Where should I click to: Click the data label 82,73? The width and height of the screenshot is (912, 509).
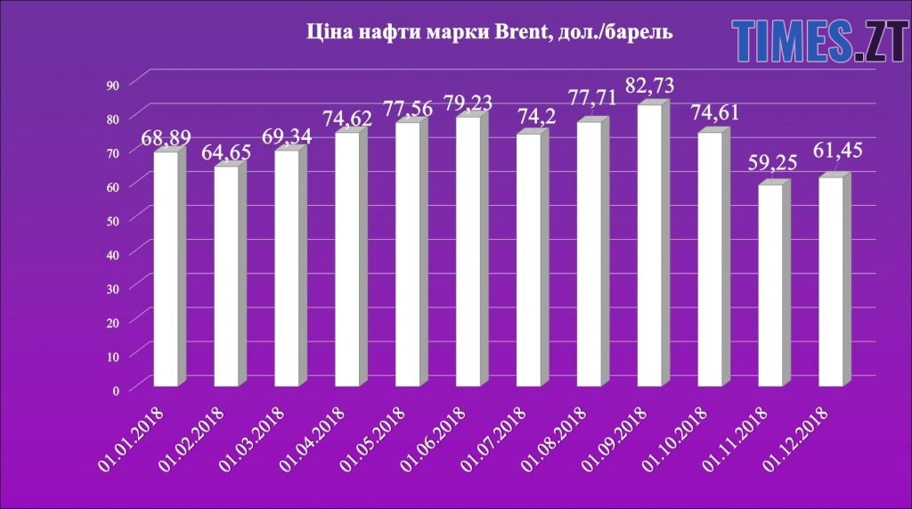pyautogui.click(x=650, y=87)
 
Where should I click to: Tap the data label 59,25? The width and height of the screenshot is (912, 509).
pyautogui.click(x=771, y=164)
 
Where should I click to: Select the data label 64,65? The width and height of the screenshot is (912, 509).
pyautogui.click(x=226, y=152)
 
